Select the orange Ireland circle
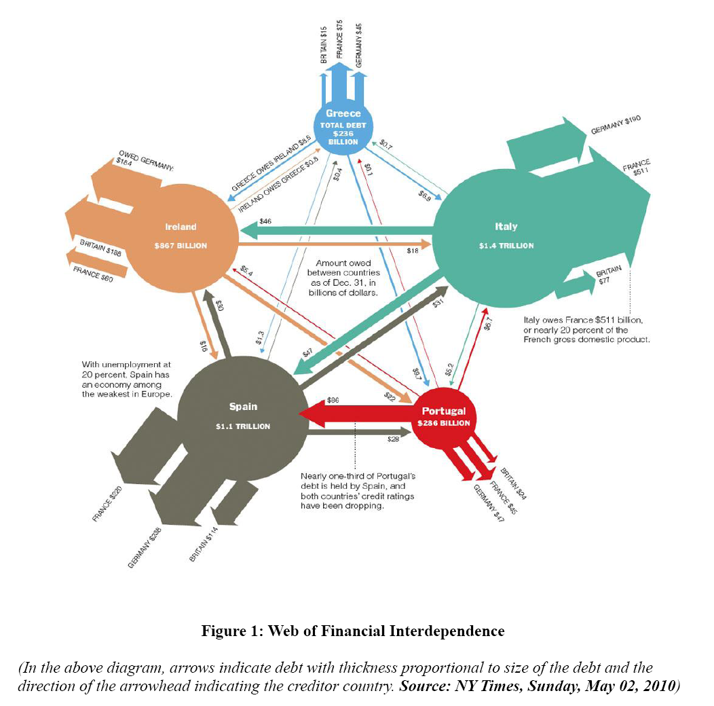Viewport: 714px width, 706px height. tap(181, 235)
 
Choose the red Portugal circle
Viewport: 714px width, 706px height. tap(444, 417)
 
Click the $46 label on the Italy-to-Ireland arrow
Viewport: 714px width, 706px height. tap(265, 222)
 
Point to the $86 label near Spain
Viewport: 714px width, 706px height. tap(333, 401)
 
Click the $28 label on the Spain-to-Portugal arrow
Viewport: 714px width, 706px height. tap(393, 441)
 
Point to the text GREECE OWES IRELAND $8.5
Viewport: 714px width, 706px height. tap(271, 166)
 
